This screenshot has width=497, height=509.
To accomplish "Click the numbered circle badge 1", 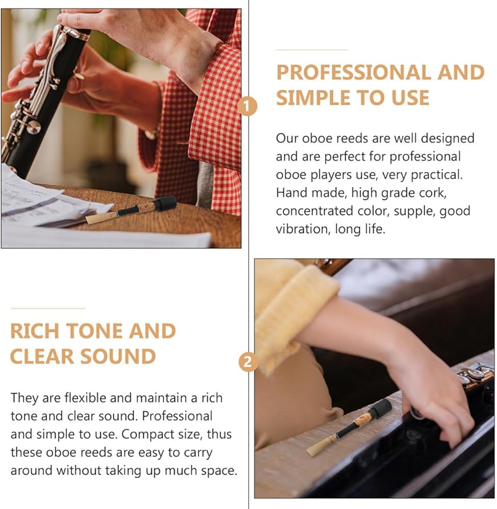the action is pos(247,106).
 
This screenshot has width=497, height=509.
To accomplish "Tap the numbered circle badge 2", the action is pos(248,361).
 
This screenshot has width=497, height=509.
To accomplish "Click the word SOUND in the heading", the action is pos(118,356).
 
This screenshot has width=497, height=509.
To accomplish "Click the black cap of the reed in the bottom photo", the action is pos(381,408).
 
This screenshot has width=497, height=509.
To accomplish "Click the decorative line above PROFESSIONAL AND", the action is pos(312,50).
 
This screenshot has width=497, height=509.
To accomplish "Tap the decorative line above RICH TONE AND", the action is pos(48,308).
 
